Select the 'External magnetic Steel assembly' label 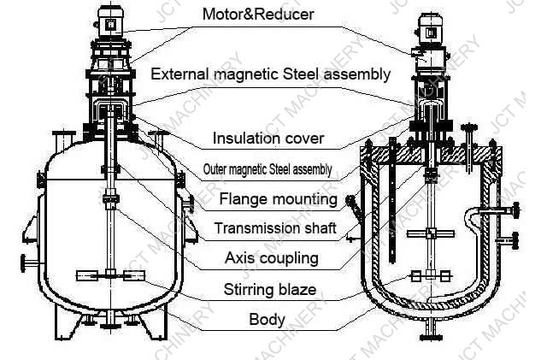(x=270, y=74)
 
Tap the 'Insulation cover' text (x=268, y=138)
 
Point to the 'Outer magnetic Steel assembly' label (x=268, y=168)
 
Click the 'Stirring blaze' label (x=270, y=289)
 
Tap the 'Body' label (x=267, y=320)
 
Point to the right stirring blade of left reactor (x=135, y=275)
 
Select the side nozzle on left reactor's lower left (x=28, y=263)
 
